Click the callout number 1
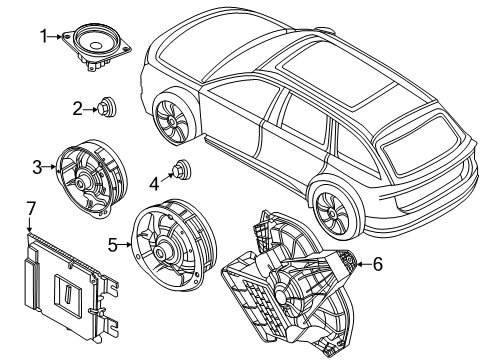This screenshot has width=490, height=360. [44, 37]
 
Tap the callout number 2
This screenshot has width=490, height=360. [77, 108]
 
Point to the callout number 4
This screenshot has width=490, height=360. [154, 183]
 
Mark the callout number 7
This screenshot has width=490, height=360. [31, 207]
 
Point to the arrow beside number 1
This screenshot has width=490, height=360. [58, 37]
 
